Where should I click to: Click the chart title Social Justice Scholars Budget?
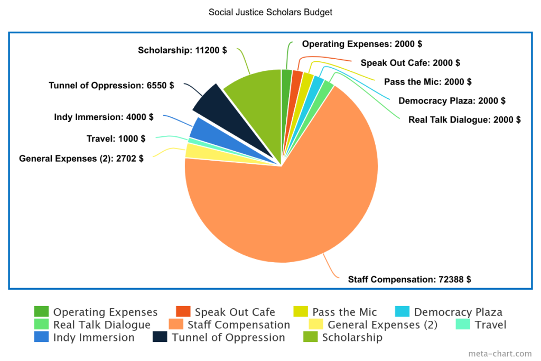click(270, 13)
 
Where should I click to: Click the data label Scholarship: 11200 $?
click(182, 50)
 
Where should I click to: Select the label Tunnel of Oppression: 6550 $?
click(111, 86)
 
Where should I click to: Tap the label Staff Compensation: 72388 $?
click(409, 280)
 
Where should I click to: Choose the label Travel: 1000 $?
click(116, 138)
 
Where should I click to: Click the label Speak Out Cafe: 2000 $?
click(410, 63)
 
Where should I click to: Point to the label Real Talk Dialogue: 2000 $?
click(464, 120)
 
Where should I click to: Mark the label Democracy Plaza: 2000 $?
click(452, 101)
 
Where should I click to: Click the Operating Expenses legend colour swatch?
click(41, 311)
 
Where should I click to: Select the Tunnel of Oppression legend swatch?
click(160, 337)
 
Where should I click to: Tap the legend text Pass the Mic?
click(344, 312)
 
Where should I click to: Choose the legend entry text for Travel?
click(490, 325)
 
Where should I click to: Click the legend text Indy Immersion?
click(94, 338)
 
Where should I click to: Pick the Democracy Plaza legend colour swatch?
click(402, 311)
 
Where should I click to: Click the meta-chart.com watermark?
click(500, 354)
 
